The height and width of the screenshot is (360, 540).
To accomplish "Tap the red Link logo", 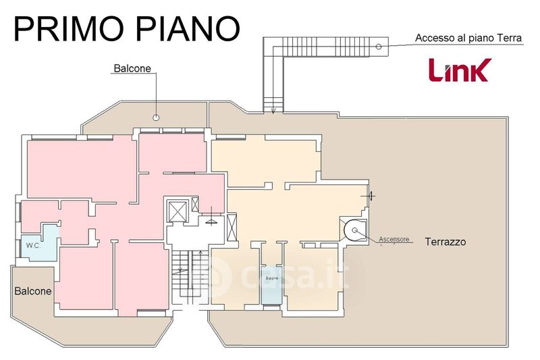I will [460, 70].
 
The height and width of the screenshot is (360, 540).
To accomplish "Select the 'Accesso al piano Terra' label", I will [468, 38].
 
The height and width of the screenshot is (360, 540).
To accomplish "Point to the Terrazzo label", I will [446, 241].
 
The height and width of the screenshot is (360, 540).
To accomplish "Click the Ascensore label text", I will [394, 239].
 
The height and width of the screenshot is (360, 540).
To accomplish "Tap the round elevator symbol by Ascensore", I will [354, 231].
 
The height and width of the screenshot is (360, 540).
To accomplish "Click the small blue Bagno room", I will [272, 284].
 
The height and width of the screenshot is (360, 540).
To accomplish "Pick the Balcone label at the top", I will [132, 68].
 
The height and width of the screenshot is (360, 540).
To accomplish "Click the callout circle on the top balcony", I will [156, 118].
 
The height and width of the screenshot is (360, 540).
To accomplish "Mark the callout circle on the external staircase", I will [379, 46].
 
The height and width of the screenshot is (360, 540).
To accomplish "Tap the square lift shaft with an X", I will [177, 210].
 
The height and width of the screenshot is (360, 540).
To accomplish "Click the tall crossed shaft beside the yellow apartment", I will [234, 226].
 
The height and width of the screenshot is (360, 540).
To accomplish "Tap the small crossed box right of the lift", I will [196, 204].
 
